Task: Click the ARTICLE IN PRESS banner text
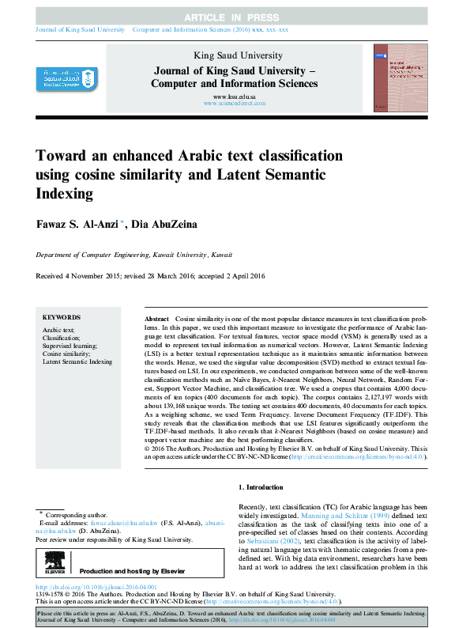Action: pyautogui.click(x=235, y=17)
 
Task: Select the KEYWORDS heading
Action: pyautogui.click(x=62, y=316)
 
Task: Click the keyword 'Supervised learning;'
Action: pyautogui.click(x=70, y=345)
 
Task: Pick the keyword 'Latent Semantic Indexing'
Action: pyautogui.click(x=77, y=361)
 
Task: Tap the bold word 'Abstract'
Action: pyautogui.click(x=157, y=316)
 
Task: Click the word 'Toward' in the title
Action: pyautogui.click(x=62, y=154)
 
